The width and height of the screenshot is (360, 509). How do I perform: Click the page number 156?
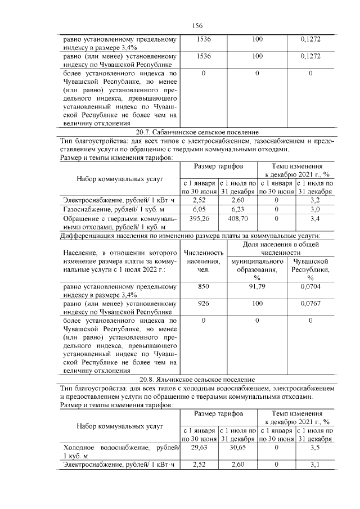tap(197, 26)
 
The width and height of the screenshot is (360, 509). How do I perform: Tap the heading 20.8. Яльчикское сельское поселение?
tap(197, 380)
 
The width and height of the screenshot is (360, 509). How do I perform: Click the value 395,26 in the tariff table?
tap(200, 218)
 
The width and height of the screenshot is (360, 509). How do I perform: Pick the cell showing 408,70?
tap(237, 218)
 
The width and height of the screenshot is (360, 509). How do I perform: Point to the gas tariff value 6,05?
tap(200, 208)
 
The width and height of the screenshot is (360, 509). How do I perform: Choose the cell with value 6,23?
tap(237, 208)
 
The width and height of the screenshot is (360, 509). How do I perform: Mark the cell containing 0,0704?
tap(310, 287)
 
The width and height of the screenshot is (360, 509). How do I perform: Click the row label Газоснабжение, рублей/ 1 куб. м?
tap(106, 208)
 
